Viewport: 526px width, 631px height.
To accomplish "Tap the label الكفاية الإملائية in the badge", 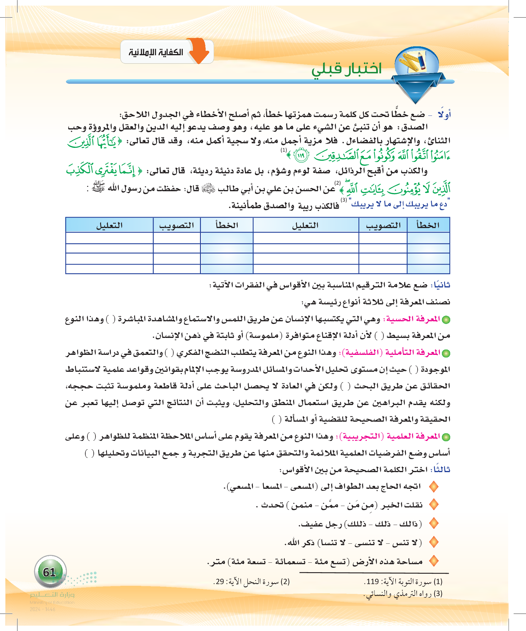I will tap(156, 52).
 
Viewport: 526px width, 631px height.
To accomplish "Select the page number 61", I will tap(50, 572).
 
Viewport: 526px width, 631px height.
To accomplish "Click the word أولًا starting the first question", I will tap(444, 115).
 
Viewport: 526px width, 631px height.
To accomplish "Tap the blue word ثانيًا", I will tap(441, 285).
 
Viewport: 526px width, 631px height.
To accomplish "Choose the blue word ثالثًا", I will tap(441, 469).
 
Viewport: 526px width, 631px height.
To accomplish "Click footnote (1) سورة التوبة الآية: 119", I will tap(403, 581).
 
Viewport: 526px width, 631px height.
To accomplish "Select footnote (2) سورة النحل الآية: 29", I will tap(251, 581).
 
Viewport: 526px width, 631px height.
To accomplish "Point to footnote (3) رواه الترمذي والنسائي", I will tap(403, 594).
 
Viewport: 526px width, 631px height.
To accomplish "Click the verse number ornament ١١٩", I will tap(301, 155).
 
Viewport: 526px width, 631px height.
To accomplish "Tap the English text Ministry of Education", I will tap(52, 602).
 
